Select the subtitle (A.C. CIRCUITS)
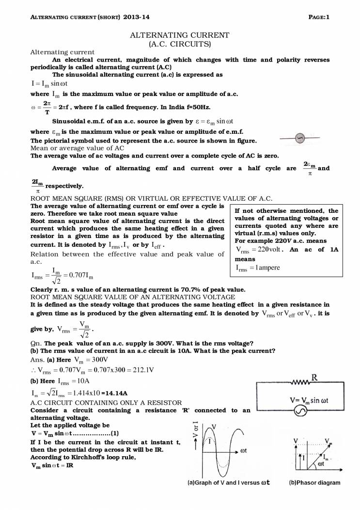tap(180, 44)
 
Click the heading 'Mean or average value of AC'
tap(78, 148)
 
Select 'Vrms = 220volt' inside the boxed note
tap(259, 249)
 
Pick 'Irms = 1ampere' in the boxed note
tap(258, 268)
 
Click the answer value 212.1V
tap(143, 369)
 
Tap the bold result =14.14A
tap(118, 393)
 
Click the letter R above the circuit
tap(314, 377)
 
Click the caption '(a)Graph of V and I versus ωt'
tap(228, 482)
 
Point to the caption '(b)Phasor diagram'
tap(314, 482)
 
